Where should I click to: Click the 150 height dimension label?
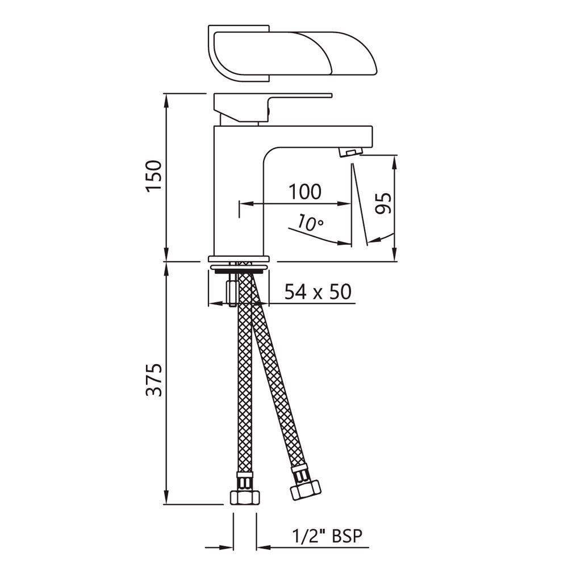coord(154,177)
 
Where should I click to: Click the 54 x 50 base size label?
coord(318,292)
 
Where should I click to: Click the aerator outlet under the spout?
coord(349,152)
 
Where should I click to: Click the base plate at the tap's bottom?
coord(241,257)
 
